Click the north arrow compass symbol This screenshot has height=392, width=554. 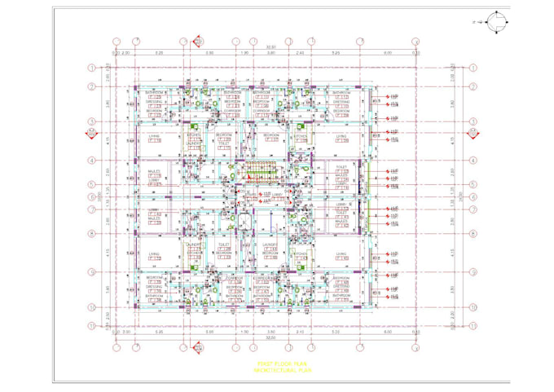coord(497,24)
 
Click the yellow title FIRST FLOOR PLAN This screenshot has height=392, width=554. coord(276,363)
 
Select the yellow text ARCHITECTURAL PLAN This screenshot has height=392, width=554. coord(276,370)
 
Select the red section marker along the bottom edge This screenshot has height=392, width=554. coord(196,350)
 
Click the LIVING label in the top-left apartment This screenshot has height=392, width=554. coord(153,135)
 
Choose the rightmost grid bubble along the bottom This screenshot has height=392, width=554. coord(416,349)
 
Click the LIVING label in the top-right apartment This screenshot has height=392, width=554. coord(341,135)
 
